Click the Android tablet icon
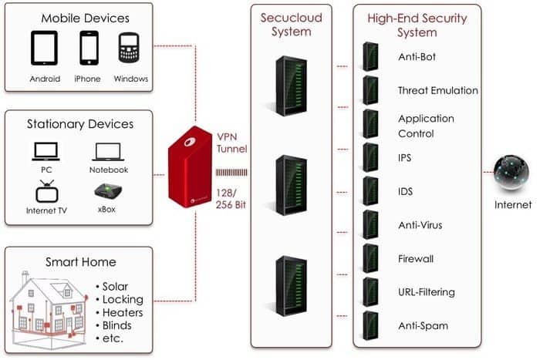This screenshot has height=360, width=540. coord(45,49)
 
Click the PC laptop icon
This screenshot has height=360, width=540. coord(46,150)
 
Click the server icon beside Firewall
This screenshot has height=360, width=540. coord(370,258)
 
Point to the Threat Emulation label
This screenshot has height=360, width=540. coord(437,90)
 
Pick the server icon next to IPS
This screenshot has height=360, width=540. coord(370,157)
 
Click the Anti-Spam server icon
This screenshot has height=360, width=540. coord(370,325)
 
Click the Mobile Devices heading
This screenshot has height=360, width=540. coord(86,18)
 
